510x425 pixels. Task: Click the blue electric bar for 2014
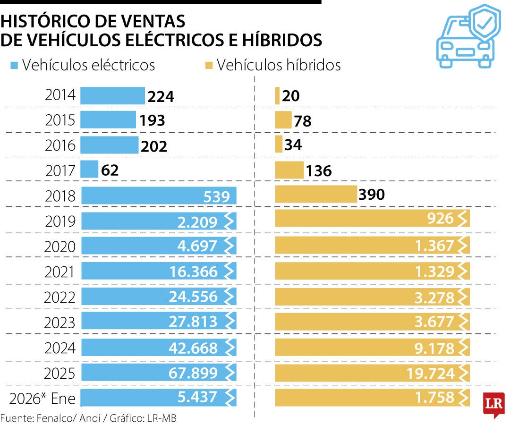point(112,96)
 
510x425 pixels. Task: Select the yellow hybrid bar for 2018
point(316,194)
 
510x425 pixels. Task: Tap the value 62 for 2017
point(110,170)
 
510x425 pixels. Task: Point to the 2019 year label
point(60,221)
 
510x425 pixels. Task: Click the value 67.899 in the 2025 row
point(193,373)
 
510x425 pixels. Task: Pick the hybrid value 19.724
point(430,374)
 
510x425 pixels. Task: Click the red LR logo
point(493,404)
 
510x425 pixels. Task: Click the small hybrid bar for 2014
point(277,96)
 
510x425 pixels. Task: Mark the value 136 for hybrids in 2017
point(319,170)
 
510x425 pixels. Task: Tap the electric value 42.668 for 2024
point(193,348)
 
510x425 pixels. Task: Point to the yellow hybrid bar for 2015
point(283,120)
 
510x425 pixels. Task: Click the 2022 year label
point(60,297)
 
